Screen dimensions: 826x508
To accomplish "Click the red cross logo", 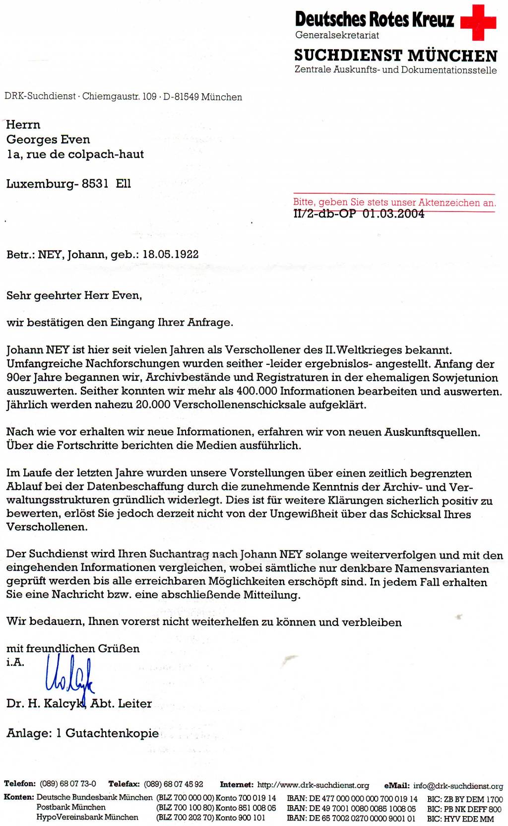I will [x=478, y=22].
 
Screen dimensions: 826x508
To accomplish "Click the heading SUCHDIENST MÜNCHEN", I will [x=395, y=55].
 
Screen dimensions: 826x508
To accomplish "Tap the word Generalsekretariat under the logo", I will [x=337, y=35].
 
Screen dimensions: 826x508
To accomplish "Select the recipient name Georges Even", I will [x=48, y=139].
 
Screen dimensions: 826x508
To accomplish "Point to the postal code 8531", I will [x=95, y=184].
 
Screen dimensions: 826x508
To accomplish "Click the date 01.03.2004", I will [x=393, y=214].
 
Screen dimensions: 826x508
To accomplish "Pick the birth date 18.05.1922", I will [x=171, y=255].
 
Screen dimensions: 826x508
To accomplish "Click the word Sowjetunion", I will [x=465, y=378].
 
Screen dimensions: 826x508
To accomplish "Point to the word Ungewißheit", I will [x=304, y=514].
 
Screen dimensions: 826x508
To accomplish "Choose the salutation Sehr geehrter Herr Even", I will [x=74, y=296].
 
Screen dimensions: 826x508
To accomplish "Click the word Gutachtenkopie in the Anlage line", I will [x=112, y=733].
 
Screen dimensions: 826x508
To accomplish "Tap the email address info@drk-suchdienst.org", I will [x=458, y=786].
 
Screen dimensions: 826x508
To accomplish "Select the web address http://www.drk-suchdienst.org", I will [x=313, y=785].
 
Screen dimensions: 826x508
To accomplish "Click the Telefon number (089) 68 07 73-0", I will [x=68, y=784].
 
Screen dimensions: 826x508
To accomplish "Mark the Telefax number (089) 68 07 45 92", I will [x=174, y=784].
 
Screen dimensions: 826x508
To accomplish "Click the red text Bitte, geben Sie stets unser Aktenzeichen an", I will [x=394, y=202].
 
